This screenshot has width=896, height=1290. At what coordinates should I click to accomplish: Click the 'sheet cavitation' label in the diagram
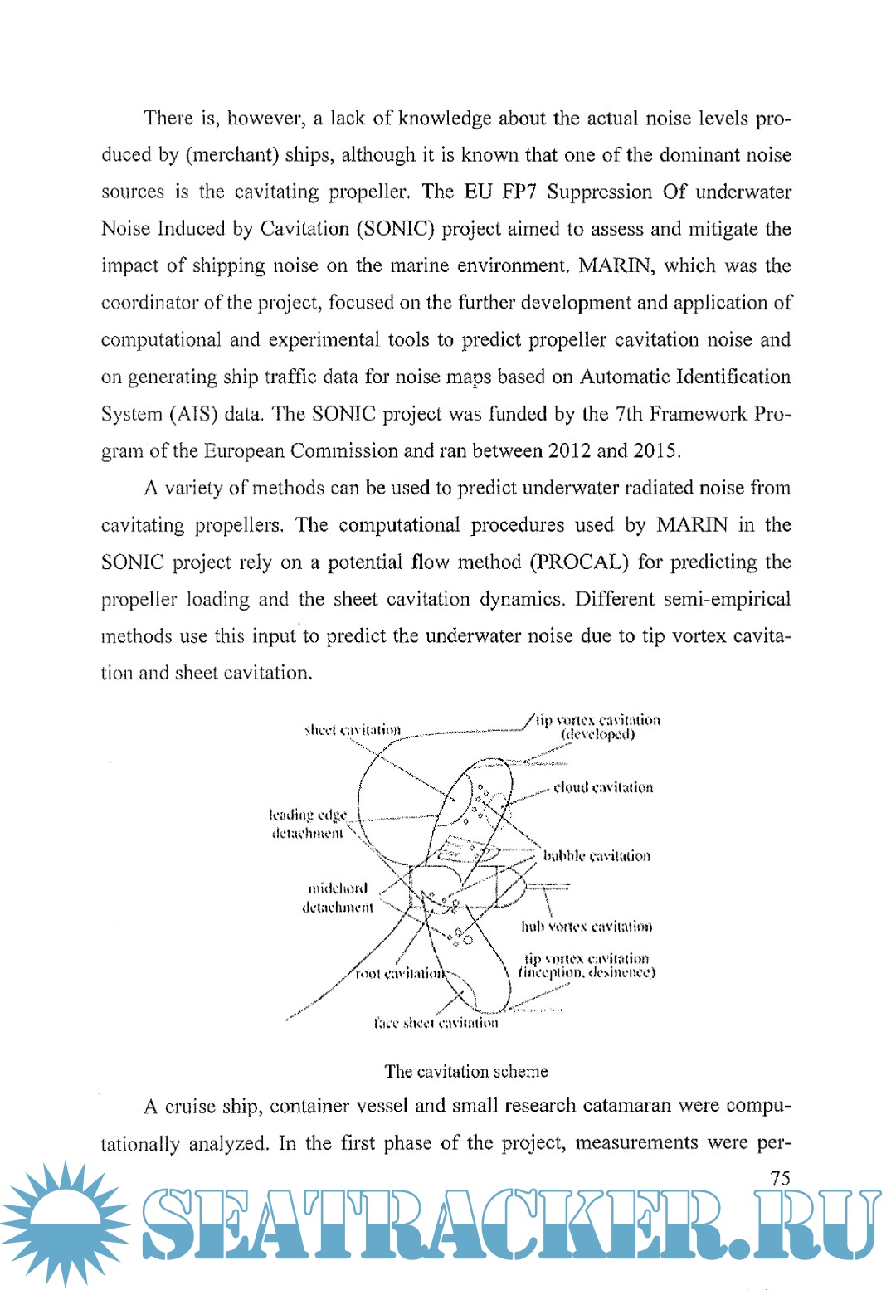coord(353,730)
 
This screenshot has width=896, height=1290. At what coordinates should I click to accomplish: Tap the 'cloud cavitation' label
coord(603,787)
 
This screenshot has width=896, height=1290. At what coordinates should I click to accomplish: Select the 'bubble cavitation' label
coord(597,855)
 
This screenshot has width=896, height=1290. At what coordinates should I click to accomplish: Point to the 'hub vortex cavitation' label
coord(587,926)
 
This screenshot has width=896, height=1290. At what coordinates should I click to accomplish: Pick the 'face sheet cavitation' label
coord(436,1023)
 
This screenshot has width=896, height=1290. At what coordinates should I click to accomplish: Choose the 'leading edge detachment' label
coord(308,824)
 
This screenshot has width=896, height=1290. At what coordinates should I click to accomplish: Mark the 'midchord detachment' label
coord(338,898)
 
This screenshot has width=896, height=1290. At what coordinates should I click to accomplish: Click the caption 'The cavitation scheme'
coord(466,1071)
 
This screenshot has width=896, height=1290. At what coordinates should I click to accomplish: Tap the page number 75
coord(780,1177)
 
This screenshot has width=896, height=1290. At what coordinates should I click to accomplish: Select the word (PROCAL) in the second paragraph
coord(579,562)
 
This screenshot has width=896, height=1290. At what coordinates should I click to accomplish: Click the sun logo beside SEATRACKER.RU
coord(65,1223)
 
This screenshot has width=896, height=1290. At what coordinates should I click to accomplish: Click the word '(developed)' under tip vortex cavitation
coord(597,734)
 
